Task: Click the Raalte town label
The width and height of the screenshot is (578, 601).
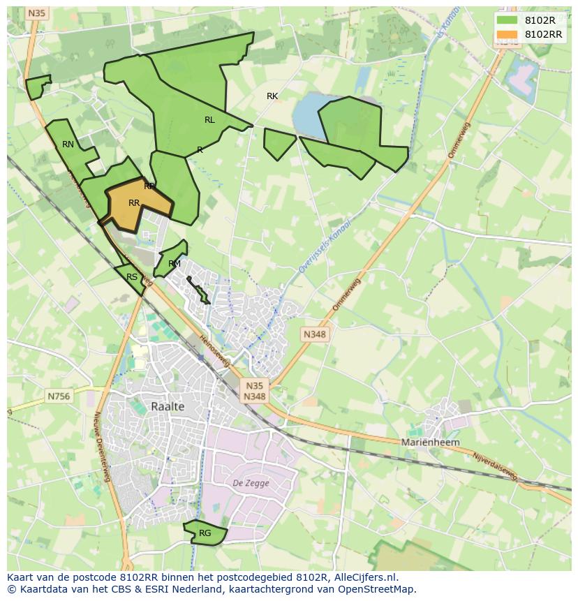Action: (x=168, y=406)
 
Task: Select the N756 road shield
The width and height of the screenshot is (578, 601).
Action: (x=59, y=396)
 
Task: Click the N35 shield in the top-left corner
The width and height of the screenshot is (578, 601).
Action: (x=37, y=13)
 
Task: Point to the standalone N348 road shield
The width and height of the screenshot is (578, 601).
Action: (x=314, y=334)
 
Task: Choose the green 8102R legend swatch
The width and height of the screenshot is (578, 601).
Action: (x=507, y=20)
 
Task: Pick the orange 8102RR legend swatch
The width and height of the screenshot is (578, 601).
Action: (x=507, y=34)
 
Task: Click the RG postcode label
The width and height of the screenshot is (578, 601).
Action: (x=205, y=533)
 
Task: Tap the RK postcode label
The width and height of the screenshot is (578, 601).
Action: (x=272, y=96)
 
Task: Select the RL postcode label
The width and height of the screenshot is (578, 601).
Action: (x=209, y=120)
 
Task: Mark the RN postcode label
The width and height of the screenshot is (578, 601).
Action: (x=68, y=144)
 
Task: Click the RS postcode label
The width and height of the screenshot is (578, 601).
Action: (x=132, y=277)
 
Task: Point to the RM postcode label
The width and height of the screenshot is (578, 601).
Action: (x=175, y=264)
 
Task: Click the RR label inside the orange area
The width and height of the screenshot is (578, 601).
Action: (x=135, y=203)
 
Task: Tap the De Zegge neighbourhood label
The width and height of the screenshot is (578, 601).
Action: (x=246, y=483)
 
